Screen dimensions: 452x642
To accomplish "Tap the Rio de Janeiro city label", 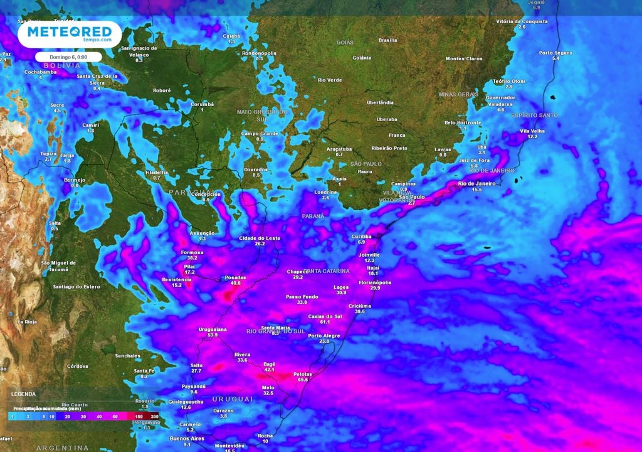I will coord(476,183).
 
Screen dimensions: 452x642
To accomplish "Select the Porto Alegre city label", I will coord(324,335).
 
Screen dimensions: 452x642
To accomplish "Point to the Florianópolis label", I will coord(375,282).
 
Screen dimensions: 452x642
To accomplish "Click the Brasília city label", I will coord(387,40).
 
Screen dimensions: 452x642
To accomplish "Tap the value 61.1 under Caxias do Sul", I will coord(325,322).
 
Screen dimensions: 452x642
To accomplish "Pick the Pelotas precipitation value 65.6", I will coord(303,380).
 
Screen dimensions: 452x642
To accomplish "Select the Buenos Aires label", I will coord(187,438).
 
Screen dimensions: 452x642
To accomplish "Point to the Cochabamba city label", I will coord(41,72).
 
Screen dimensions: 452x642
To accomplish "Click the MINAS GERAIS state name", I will coord(458,94).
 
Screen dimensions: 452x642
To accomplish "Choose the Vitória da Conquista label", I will coord(522,21).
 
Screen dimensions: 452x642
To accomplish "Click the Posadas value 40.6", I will coord(236,283).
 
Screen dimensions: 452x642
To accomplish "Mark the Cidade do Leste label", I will coord(260,239).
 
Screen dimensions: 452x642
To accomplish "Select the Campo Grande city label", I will coord(260,133).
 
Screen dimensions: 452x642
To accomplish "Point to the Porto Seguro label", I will coord(555,53).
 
